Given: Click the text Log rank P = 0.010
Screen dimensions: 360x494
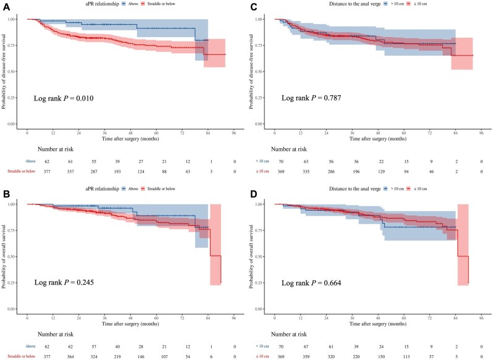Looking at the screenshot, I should pyautogui.click(x=66, y=98).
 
